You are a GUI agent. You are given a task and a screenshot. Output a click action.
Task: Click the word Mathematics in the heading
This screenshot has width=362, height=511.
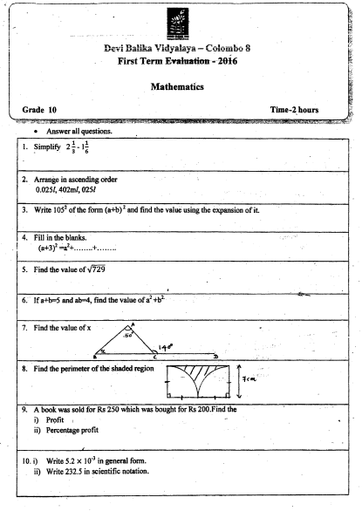[x=182, y=87]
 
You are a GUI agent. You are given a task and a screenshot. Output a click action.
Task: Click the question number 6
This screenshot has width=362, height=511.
[x=24, y=300]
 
